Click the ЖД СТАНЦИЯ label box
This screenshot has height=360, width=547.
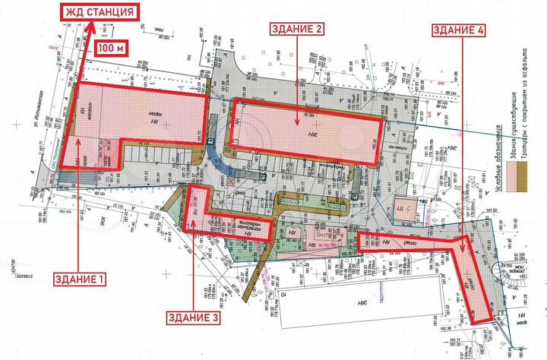click(x=100, y=13)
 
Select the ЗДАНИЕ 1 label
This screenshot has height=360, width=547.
click(x=79, y=279)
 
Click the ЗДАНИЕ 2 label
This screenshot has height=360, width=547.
click(x=298, y=30)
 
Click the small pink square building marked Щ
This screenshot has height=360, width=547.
click(x=400, y=207)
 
